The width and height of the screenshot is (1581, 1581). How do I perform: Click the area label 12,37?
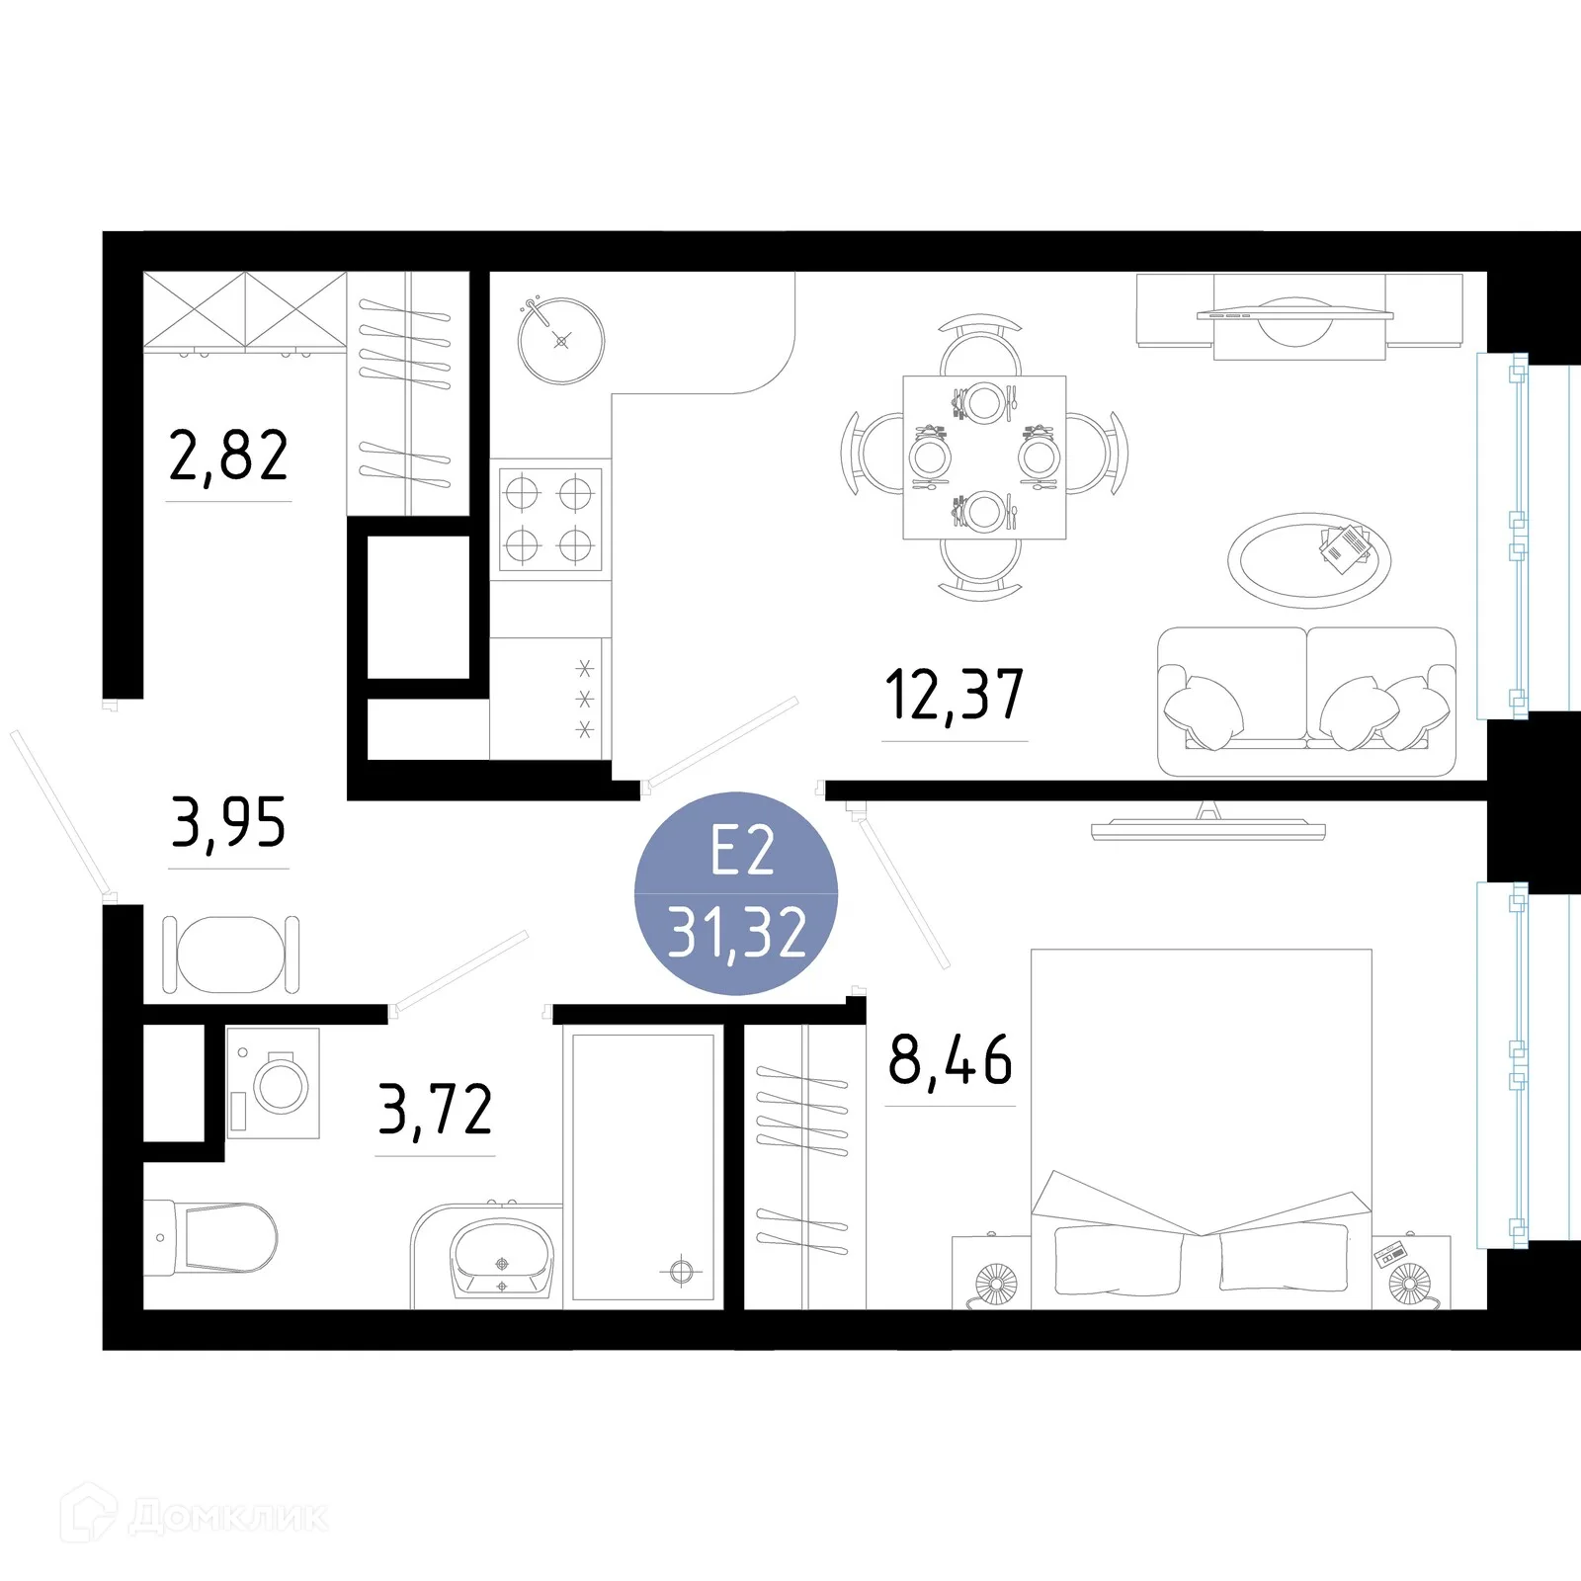[955, 694]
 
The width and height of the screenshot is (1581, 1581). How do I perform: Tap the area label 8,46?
[951, 1059]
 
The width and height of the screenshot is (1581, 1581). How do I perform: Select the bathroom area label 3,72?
[436, 1110]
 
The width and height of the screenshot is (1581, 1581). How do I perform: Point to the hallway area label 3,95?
[228, 822]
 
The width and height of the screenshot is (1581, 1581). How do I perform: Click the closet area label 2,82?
[228, 456]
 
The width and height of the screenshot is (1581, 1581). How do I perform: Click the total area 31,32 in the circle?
[737, 933]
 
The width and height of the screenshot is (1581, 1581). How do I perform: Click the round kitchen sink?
[561, 341]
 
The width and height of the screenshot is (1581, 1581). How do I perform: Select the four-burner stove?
[550, 519]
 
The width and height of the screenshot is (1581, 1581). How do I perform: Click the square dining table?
[984, 458]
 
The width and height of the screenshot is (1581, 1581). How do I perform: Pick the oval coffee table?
[1309, 560]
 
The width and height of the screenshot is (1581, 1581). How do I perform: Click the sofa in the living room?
[1306, 702]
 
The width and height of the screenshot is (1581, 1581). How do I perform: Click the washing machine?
[274, 1084]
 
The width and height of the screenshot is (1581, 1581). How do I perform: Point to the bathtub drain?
[682, 1271]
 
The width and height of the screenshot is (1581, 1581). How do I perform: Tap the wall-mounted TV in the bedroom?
[1207, 826]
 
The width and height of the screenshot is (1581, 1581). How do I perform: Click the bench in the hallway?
[230, 955]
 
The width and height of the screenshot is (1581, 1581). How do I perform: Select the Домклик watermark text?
[228, 1517]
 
